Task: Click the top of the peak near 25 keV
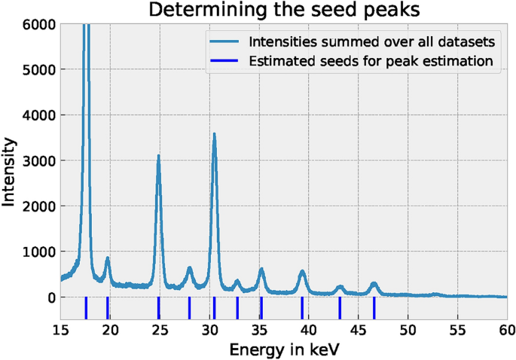(158, 156)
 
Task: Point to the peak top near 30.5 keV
(215, 134)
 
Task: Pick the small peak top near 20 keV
(107, 258)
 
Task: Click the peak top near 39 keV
(302, 271)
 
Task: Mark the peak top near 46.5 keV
(374, 283)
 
